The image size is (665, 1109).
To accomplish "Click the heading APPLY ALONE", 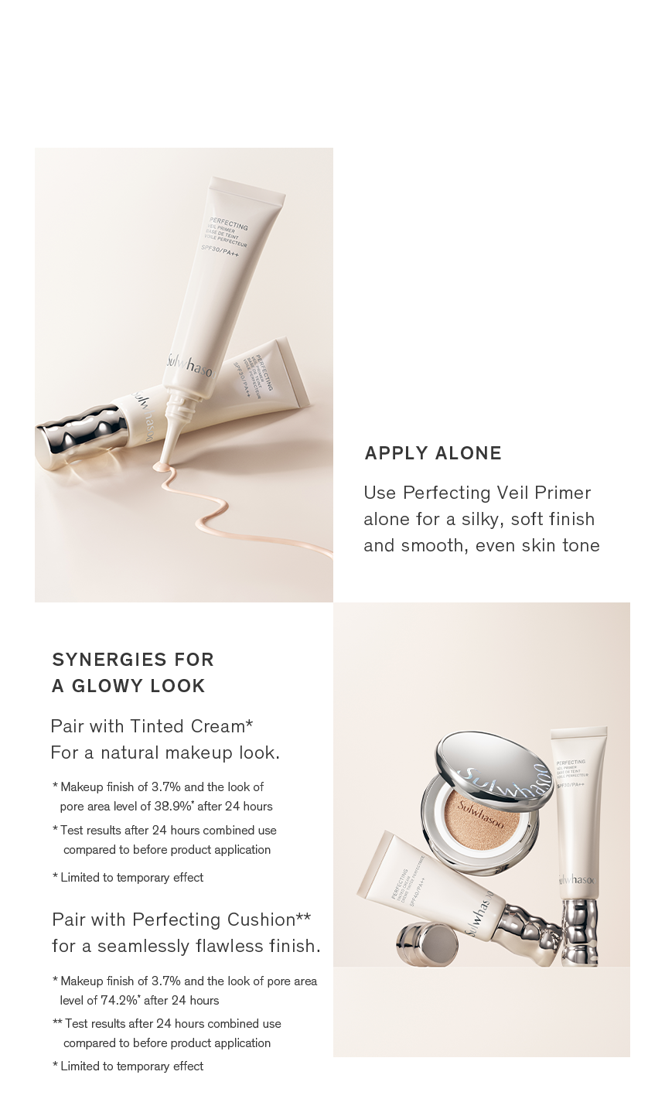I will (x=433, y=453).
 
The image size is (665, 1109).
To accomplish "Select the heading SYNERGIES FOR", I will (x=133, y=660).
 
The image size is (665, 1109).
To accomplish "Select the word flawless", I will (x=234, y=946).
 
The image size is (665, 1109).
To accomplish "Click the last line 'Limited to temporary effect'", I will (x=131, y=1066).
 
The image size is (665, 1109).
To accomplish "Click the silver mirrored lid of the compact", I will (x=495, y=765).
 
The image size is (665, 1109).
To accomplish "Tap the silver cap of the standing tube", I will (x=579, y=932).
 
